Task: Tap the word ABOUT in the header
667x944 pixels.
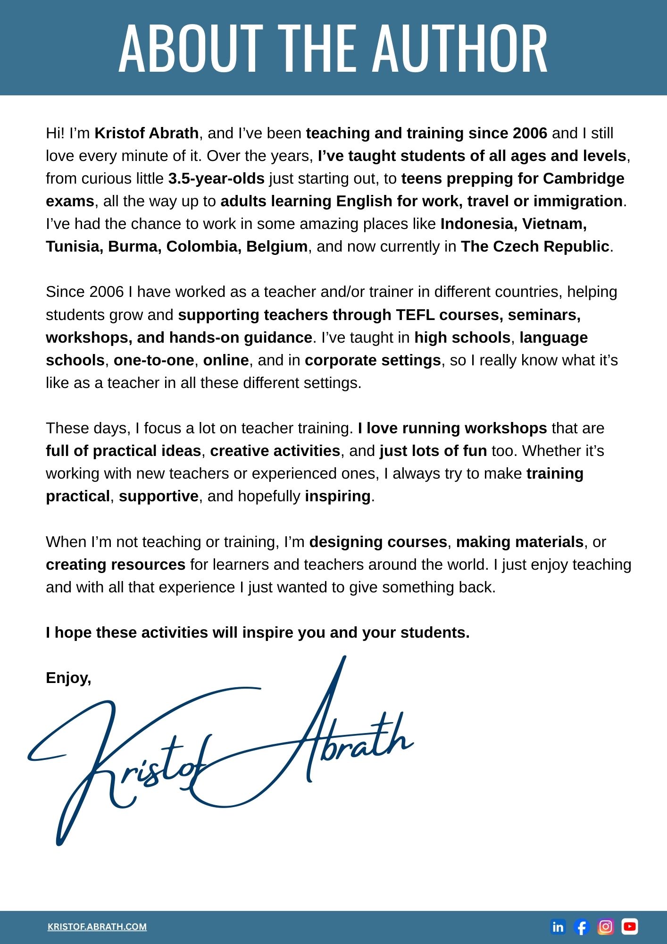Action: (x=190, y=49)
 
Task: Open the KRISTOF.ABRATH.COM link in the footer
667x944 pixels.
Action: (x=97, y=927)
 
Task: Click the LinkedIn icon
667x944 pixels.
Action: (x=558, y=927)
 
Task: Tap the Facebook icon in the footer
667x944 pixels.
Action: (x=582, y=927)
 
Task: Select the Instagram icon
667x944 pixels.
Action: (x=606, y=927)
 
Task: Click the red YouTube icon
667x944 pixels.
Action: (x=630, y=927)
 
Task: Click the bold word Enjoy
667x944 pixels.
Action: (x=67, y=678)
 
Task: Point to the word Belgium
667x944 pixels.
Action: (x=277, y=246)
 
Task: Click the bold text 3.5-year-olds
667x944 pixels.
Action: (x=216, y=178)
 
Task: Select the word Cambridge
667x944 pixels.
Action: (x=584, y=178)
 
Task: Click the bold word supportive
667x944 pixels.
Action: (x=158, y=496)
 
